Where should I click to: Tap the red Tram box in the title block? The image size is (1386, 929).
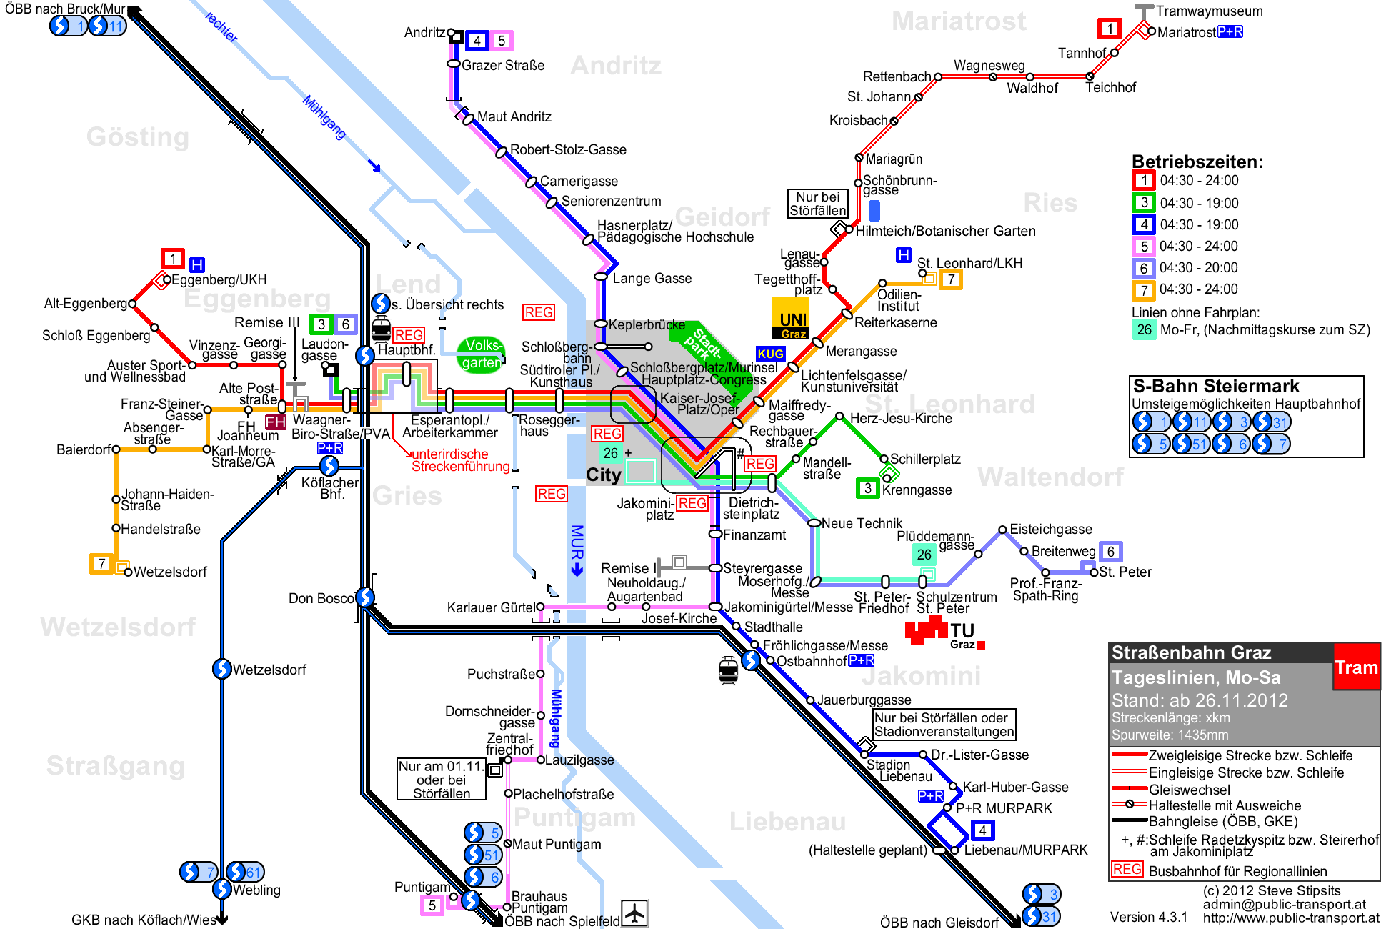pos(1356,667)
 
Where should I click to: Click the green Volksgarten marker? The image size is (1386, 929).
pos(481,354)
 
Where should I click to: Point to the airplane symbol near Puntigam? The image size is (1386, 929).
pos(634,913)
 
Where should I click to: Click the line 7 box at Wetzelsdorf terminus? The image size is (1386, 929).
pos(101,563)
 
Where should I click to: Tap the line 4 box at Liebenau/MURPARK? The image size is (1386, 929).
pos(982,830)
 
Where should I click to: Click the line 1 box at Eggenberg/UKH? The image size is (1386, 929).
pos(172,258)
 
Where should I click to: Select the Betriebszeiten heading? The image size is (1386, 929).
pos(1197,162)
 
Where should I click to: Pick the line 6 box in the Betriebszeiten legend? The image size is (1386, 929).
pos(1144,268)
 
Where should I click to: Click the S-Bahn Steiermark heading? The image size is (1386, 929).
pos(1216,386)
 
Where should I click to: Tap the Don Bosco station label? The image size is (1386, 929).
pos(321,598)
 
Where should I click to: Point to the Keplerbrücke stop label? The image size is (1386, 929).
pos(647,324)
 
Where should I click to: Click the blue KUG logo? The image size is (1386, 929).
pos(771,354)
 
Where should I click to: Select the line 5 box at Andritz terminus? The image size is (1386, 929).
pos(502,41)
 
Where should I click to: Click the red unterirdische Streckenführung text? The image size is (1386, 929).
pos(460,460)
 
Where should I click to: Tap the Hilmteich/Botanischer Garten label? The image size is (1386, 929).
pos(945,231)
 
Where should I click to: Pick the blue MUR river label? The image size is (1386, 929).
pos(577,542)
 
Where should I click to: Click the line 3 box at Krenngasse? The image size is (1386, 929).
pos(867,488)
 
